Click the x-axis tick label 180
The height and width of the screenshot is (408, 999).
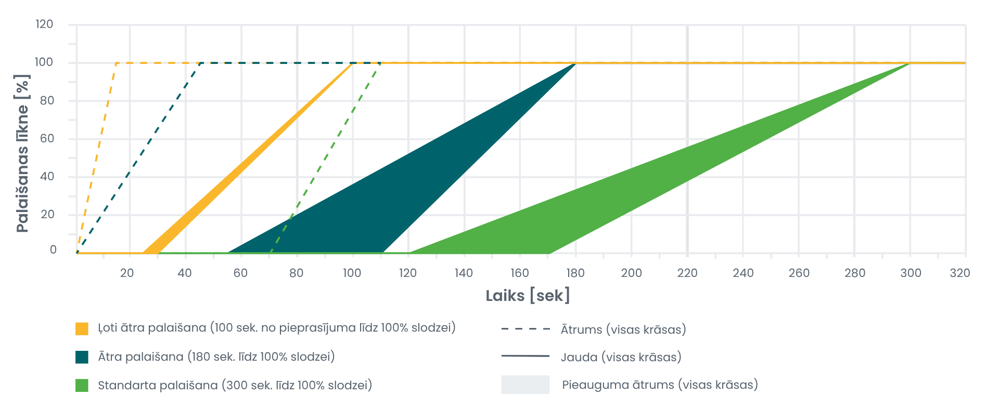point(575,273)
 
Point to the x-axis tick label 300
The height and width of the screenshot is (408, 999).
point(911,273)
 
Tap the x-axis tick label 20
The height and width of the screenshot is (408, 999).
point(127,273)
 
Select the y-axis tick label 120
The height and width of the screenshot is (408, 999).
point(44,24)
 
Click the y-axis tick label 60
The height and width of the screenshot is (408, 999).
point(47,138)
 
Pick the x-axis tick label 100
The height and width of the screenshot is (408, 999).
point(352,273)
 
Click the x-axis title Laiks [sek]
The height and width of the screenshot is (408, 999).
point(528,296)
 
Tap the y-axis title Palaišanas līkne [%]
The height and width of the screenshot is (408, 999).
point(22,153)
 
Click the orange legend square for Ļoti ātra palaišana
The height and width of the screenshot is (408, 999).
point(82,328)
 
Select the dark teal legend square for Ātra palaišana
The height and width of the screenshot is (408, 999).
point(82,357)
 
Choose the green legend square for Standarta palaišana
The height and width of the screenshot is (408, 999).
point(82,386)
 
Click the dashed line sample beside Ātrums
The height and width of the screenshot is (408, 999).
point(526,329)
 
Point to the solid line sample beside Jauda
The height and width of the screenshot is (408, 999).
point(526,356)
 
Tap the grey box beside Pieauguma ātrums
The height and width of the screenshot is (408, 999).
point(526,385)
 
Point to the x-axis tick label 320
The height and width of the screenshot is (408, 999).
point(959,273)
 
